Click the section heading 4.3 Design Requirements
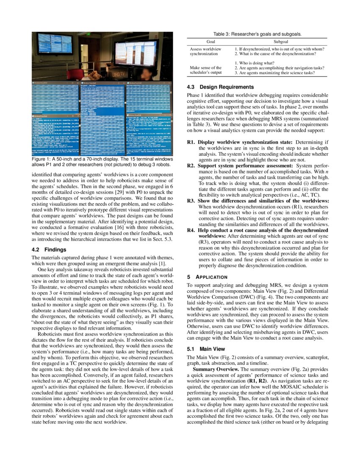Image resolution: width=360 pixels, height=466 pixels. click(217, 87)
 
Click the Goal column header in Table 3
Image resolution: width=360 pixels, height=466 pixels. click(210, 42)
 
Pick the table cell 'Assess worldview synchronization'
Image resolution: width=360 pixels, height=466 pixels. click(205, 52)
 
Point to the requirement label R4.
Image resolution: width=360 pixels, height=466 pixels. click(191, 230)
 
